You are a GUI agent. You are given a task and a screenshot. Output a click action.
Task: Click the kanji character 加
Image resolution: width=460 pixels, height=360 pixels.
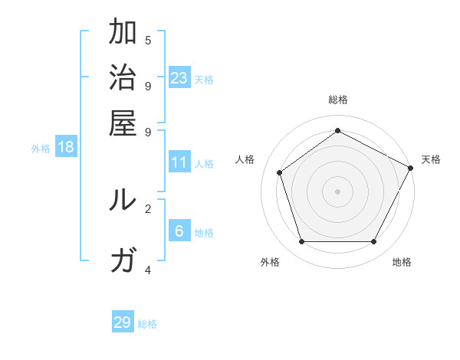click(x=123, y=33)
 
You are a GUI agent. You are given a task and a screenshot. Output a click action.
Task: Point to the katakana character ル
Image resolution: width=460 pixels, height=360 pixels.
click(x=123, y=200)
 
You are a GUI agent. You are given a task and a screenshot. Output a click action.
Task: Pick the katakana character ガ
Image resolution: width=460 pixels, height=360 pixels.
click(x=123, y=260)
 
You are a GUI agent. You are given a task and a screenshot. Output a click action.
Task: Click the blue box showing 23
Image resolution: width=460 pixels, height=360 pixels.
click(x=179, y=77)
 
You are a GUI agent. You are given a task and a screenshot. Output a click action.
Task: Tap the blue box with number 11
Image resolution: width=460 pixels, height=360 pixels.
click(x=179, y=162)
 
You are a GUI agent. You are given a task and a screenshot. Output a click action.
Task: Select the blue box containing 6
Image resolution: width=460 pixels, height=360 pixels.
click(x=179, y=231)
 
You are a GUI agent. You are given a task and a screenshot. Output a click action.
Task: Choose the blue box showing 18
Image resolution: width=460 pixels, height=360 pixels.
click(x=66, y=147)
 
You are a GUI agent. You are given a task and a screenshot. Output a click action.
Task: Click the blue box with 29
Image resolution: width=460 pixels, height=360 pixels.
click(x=123, y=322)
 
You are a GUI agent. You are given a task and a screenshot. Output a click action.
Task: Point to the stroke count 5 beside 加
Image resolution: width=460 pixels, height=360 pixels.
click(x=148, y=41)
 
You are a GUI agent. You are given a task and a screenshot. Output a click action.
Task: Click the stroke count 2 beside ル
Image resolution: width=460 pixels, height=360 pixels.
click(x=148, y=208)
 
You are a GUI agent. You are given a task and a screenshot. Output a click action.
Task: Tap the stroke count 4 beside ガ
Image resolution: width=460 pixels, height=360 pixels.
click(x=148, y=270)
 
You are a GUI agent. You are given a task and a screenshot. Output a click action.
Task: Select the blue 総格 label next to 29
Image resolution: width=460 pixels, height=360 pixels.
click(x=147, y=324)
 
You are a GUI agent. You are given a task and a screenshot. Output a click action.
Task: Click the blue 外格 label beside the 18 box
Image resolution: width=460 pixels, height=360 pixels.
click(x=41, y=149)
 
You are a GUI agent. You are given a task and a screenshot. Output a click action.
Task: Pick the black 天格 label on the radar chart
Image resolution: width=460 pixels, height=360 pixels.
click(x=431, y=159)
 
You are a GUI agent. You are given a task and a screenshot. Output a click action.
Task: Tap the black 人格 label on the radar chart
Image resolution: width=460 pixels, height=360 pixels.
click(x=245, y=159)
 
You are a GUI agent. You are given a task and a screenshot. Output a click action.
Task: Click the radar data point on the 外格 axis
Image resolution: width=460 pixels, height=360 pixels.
click(x=301, y=242)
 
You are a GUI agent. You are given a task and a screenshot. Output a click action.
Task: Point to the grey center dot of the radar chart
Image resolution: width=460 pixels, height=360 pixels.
click(x=337, y=191)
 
